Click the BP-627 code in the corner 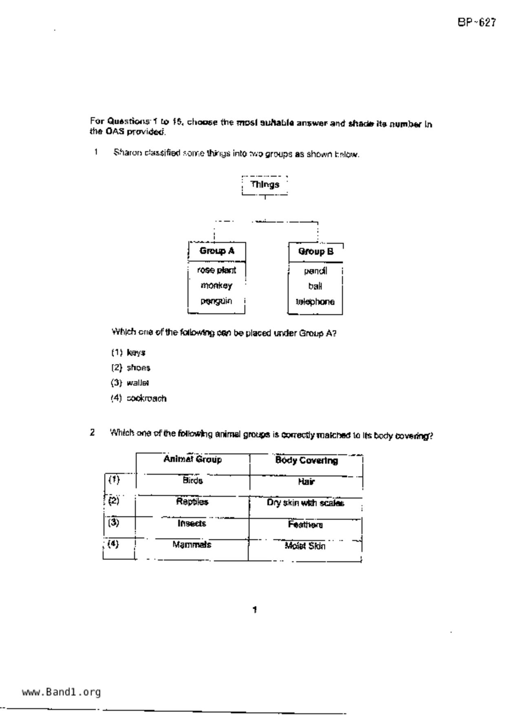click(x=476, y=22)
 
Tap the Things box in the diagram click(x=265, y=185)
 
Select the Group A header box click(x=217, y=251)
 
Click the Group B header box click(x=315, y=252)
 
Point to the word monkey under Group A click(x=216, y=286)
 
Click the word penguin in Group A click(x=216, y=301)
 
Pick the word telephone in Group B click(x=315, y=302)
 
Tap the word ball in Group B click(x=315, y=287)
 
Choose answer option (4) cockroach click(x=139, y=398)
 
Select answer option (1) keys click(x=128, y=353)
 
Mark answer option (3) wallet click(x=130, y=383)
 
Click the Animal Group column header click(x=192, y=460)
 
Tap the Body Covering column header click(x=307, y=461)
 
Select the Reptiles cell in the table click(x=192, y=502)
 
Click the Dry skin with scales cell click(x=305, y=503)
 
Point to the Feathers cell click(x=305, y=525)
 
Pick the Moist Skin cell click(x=305, y=546)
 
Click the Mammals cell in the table click(x=192, y=545)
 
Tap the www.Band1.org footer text click(x=61, y=692)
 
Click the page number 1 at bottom click(x=254, y=610)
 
